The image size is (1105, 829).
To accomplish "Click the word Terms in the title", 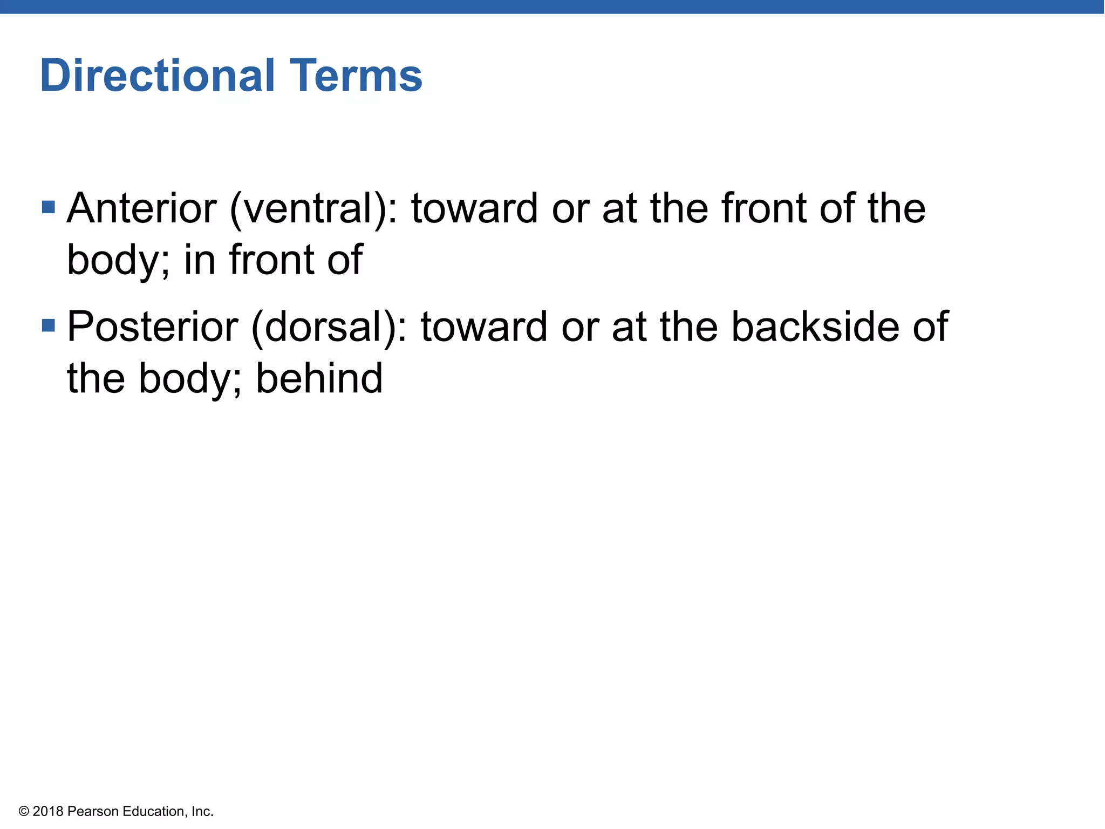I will (356, 76).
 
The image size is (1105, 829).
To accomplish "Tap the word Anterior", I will (142, 208).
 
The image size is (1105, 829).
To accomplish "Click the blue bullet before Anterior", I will (49, 207).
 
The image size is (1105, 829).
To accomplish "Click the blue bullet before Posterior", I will (49, 325).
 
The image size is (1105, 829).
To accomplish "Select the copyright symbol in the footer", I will (23, 811).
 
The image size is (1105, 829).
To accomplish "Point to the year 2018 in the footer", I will (48, 811).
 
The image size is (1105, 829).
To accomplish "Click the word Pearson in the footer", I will (93, 811).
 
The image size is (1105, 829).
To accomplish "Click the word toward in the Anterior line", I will (474, 208).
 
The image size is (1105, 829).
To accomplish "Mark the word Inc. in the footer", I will (202, 811).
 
